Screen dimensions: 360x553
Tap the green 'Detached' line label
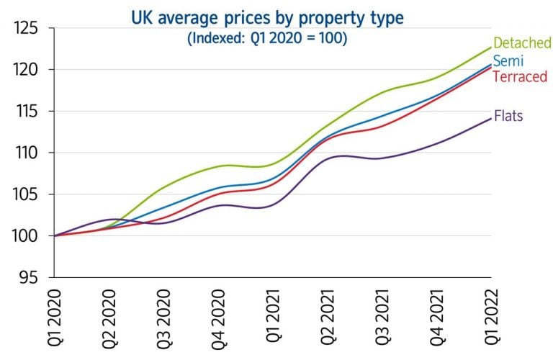pos(522,44)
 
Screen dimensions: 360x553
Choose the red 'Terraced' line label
pos(520,76)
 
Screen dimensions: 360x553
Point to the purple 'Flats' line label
pos(508,115)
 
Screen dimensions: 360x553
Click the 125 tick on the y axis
pos(27,30)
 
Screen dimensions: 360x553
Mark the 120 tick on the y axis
pos(27,71)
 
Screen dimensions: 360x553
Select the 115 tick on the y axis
pos(27,112)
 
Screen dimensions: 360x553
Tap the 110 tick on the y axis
pos(27,153)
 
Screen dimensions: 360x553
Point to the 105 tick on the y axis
pos(27,195)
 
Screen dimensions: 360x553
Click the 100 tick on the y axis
pos(27,236)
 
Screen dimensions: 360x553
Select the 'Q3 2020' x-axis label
pos(164,317)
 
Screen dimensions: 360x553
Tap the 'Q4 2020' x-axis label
pos(219,317)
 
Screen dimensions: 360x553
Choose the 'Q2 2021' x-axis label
pos(328,317)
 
